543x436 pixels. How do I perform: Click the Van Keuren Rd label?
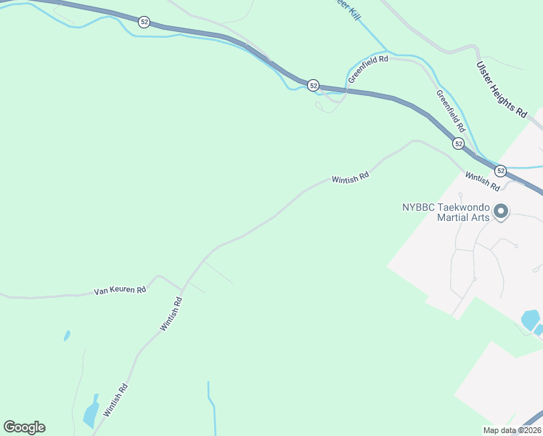[121, 290]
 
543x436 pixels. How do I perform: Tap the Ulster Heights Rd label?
[501, 89]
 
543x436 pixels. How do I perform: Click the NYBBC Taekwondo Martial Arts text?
[446, 212]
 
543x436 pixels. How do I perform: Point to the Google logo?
[24, 427]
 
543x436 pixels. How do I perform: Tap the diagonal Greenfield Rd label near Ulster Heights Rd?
[450, 109]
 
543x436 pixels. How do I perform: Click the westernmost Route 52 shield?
[144, 23]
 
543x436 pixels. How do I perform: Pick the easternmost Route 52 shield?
[501, 170]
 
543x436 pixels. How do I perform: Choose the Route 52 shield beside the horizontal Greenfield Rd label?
[313, 85]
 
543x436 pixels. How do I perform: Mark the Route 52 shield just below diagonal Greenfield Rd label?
[459, 144]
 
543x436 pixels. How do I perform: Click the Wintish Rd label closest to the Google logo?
[116, 400]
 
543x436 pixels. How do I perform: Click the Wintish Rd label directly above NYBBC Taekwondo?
[483, 181]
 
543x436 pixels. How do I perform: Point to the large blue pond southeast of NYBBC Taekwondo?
[531, 320]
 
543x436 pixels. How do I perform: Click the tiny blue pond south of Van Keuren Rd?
[67, 336]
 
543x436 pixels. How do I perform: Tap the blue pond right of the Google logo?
[91, 412]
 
